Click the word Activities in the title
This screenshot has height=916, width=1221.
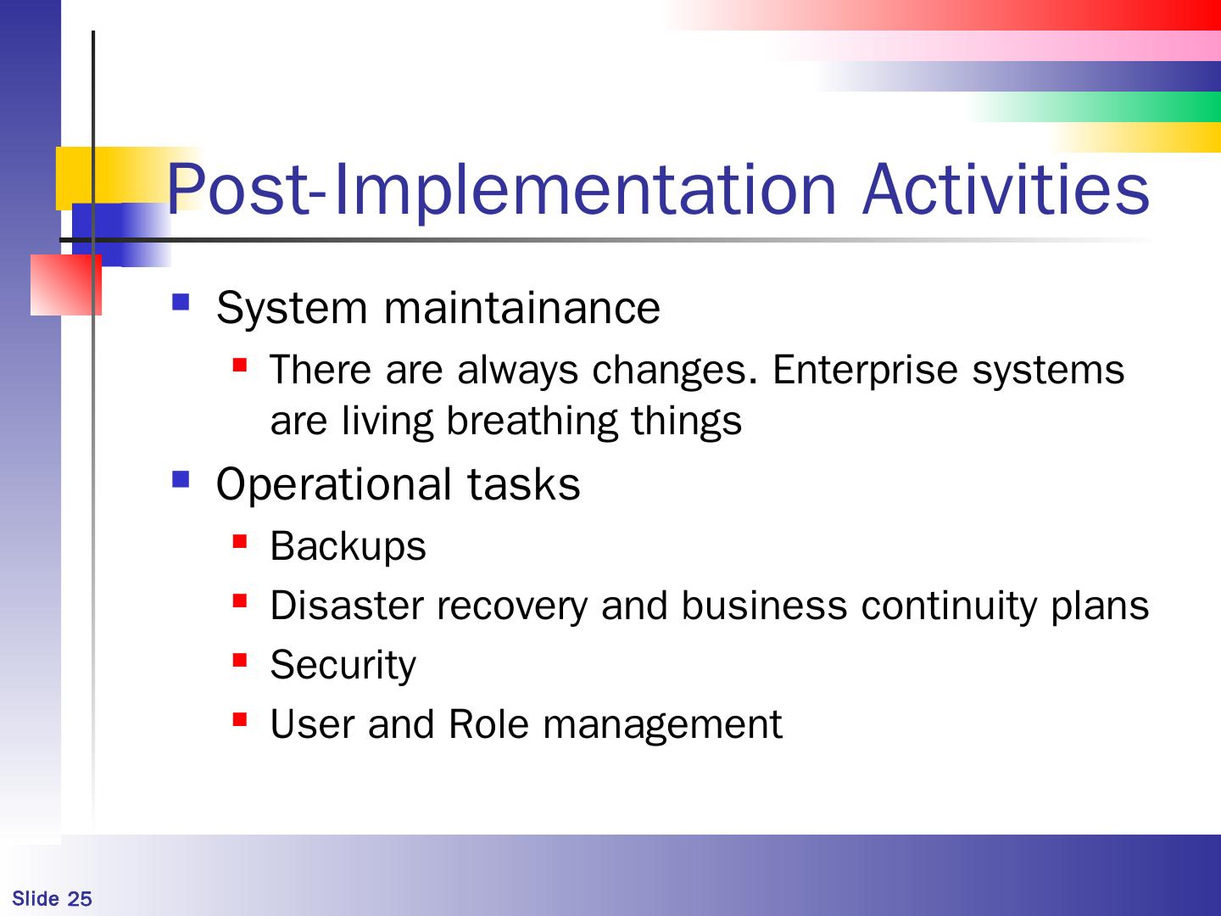pyautogui.click(x=1006, y=189)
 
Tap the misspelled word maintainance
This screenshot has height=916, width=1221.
pyautogui.click(x=521, y=308)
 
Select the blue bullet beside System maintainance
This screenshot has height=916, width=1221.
pyautogui.click(x=181, y=302)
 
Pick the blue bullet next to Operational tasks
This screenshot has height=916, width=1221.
pyautogui.click(x=181, y=479)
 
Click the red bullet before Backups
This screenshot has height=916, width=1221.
pyautogui.click(x=240, y=541)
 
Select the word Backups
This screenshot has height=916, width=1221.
pyautogui.click(x=348, y=547)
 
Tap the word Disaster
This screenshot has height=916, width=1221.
pyautogui.click(x=347, y=605)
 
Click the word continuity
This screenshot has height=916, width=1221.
pyautogui.click(x=949, y=606)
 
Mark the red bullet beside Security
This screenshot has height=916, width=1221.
pyautogui.click(x=240, y=660)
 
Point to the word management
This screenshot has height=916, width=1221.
pyautogui.click(x=662, y=726)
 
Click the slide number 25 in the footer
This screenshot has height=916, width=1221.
pyautogui.click(x=80, y=899)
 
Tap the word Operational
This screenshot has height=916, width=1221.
pyautogui.click(x=334, y=485)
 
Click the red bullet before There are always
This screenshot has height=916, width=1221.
pyautogui.click(x=240, y=365)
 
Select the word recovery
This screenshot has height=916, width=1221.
pyautogui.click(x=512, y=606)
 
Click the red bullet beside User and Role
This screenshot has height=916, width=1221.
pyautogui.click(x=240, y=719)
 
